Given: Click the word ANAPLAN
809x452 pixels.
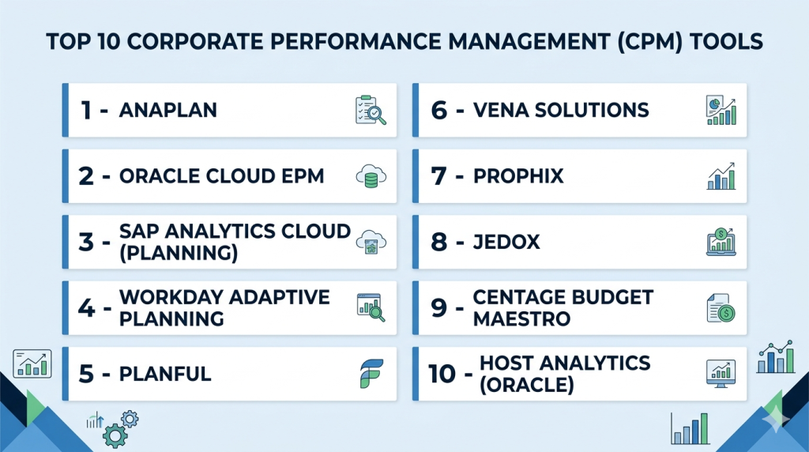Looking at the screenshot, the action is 167,111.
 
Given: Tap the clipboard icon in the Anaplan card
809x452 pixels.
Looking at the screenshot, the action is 370,110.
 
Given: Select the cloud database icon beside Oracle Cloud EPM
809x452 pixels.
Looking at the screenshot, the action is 371,176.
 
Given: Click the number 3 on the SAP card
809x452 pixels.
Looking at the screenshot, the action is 86,242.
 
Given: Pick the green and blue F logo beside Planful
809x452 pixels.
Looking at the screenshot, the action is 371,374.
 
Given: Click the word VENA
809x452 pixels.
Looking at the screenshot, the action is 500,111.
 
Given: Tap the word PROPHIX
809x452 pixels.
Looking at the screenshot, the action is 518,176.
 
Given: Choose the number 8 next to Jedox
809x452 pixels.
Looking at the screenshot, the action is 439,242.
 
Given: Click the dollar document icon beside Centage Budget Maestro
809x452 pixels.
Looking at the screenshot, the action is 721,308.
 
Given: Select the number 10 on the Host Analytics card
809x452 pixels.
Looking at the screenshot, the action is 442,374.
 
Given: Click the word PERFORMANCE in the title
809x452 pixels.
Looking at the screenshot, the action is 356,42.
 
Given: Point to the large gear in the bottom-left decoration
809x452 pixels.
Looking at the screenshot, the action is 115,436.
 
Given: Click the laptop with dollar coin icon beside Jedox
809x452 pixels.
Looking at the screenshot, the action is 721,242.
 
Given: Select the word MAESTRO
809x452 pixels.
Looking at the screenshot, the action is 521,319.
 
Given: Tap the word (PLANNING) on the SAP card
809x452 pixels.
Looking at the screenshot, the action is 179,254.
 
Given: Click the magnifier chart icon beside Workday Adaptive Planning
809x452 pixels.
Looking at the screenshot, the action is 371,307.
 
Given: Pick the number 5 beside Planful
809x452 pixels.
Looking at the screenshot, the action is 86,374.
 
